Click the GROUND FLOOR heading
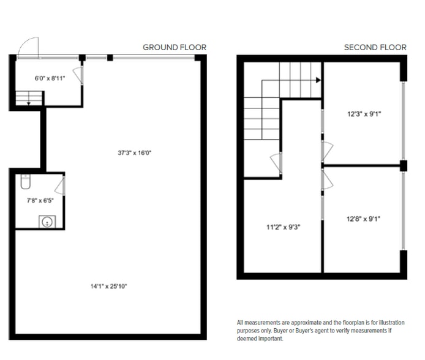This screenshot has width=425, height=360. (x=175, y=47)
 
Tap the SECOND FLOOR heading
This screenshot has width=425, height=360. (x=375, y=47)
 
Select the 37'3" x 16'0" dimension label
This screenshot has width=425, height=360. (x=135, y=153)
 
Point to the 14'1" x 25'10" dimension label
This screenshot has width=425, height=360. (x=108, y=287)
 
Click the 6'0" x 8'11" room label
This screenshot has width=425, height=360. (x=50, y=78)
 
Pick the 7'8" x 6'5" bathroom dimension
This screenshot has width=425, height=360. (x=40, y=201)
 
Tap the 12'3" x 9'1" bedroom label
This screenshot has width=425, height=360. (x=364, y=114)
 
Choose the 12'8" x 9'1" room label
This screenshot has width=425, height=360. (x=364, y=219)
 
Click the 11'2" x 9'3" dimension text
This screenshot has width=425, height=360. (x=284, y=227)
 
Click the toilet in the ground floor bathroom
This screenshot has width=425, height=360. (x=26, y=181)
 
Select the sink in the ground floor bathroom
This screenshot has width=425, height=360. (x=47, y=222)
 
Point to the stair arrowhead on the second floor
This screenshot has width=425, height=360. (x=318, y=80)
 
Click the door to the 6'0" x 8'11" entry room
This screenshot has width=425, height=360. (x=78, y=75)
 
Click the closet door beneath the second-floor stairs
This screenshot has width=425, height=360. (x=276, y=163)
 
